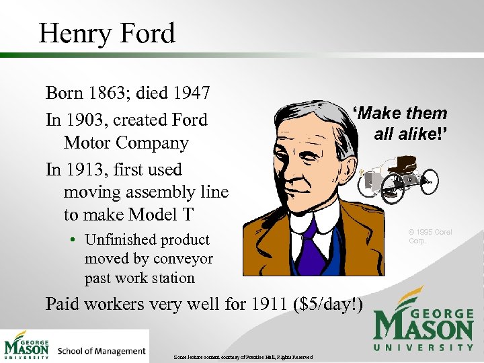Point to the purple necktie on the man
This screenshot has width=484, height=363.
(311, 245)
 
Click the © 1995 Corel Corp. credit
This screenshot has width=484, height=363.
(430, 236)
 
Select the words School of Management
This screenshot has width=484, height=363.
(102, 351)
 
